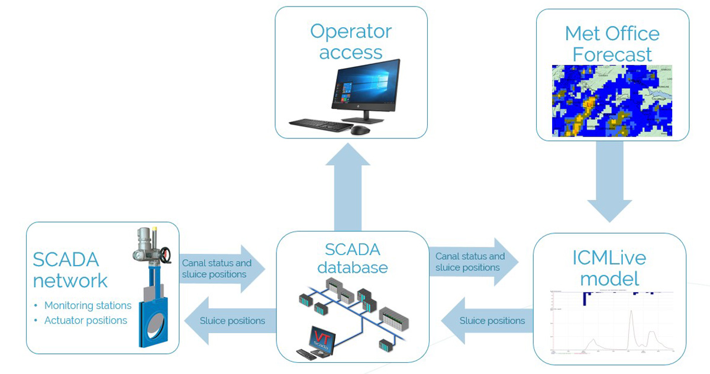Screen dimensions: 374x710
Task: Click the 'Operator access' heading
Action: pos(351,41)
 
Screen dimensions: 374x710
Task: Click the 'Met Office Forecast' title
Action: pos(612,43)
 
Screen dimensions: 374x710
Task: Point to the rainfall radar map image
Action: pos(612,101)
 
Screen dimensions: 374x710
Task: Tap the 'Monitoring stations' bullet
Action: pos(88,305)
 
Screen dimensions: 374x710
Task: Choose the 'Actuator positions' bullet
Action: pos(86,320)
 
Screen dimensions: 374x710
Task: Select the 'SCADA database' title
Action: pos(352,257)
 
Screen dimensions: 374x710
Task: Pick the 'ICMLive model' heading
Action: pos(609,268)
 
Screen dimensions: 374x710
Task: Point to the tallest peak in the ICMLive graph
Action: pos(631,312)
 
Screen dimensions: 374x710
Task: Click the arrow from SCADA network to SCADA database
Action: pos(222,269)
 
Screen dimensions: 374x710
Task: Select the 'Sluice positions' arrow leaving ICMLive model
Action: pos(485,321)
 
